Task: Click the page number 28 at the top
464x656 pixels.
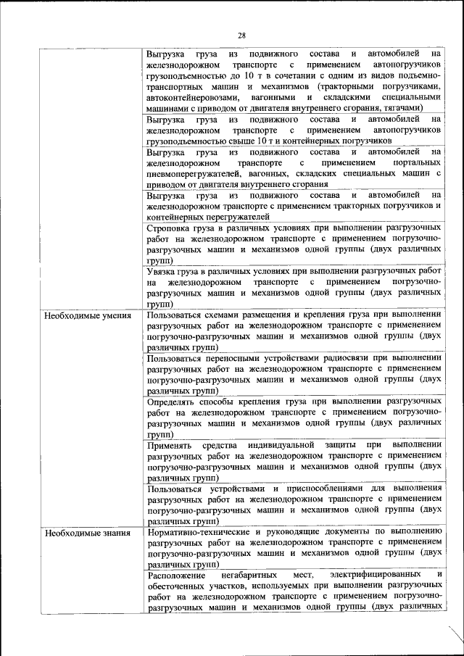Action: [241, 36]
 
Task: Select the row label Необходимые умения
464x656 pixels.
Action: [88, 316]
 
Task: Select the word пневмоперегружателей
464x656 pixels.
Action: [195, 173]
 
